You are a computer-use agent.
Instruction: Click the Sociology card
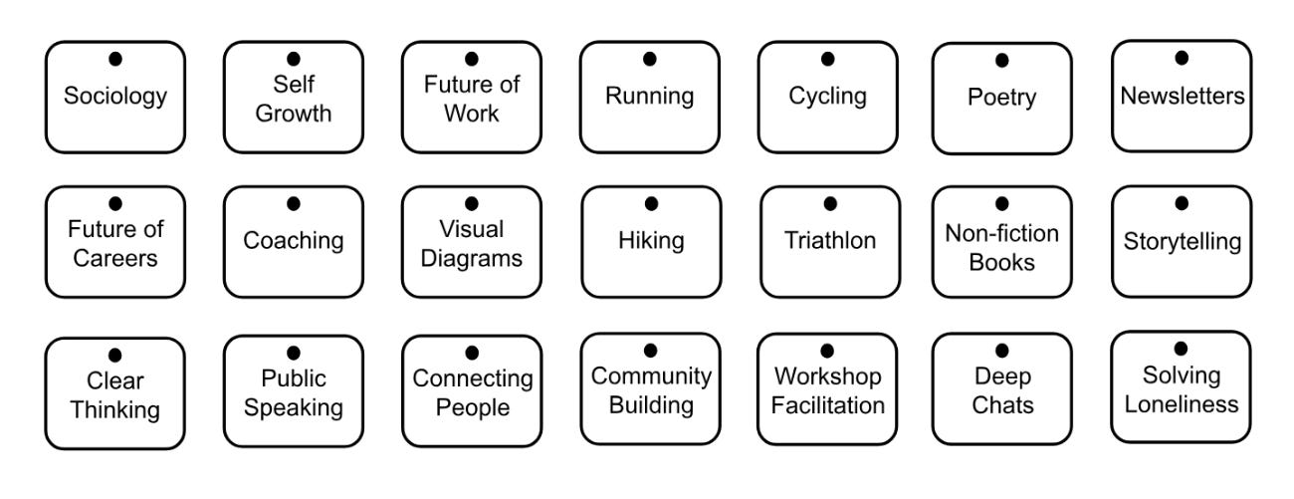(x=115, y=97)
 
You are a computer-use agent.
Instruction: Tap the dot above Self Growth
(x=294, y=60)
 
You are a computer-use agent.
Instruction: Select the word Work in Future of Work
(x=472, y=113)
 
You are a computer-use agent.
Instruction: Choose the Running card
(x=650, y=97)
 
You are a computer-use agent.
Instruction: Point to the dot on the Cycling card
(x=828, y=60)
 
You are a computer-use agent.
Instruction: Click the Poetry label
(x=1001, y=98)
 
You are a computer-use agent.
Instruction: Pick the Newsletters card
(x=1182, y=97)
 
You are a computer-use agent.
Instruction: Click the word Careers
(x=115, y=258)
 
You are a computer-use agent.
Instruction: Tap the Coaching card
(x=294, y=241)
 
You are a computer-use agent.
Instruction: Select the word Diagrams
(x=472, y=258)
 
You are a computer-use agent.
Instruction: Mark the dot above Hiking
(x=651, y=204)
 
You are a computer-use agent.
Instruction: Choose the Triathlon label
(x=829, y=241)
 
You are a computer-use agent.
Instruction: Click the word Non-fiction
(x=1001, y=234)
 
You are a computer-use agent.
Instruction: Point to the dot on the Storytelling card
(x=1182, y=203)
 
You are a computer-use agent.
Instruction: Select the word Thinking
(x=115, y=409)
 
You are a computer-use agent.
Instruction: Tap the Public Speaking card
(x=294, y=392)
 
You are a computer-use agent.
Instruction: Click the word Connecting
(x=473, y=379)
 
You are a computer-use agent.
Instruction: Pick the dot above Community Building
(x=650, y=350)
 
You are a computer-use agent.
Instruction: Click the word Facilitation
(x=828, y=405)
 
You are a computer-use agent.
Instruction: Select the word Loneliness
(x=1182, y=404)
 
